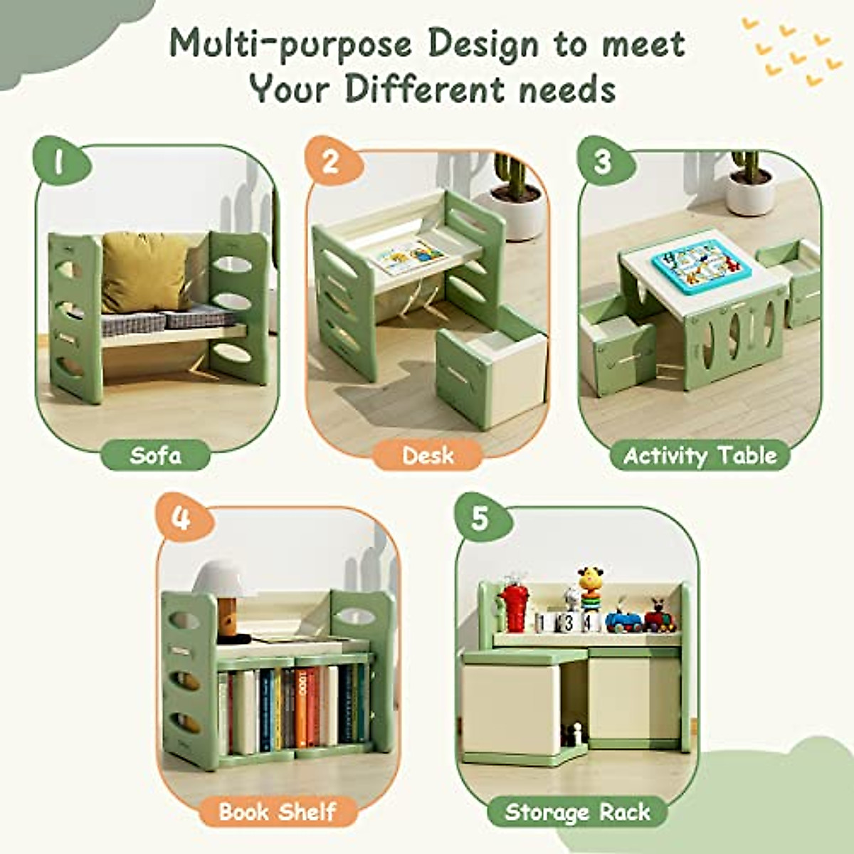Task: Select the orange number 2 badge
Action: click(x=330, y=162)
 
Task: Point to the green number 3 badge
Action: click(x=603, y=162)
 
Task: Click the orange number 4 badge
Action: click(x=181, y=518)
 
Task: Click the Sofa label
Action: click(x=156, y=455)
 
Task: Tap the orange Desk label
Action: click(x=428, y=455)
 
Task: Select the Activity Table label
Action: click(x=700, y=455)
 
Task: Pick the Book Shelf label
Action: click(x=278, y=811)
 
